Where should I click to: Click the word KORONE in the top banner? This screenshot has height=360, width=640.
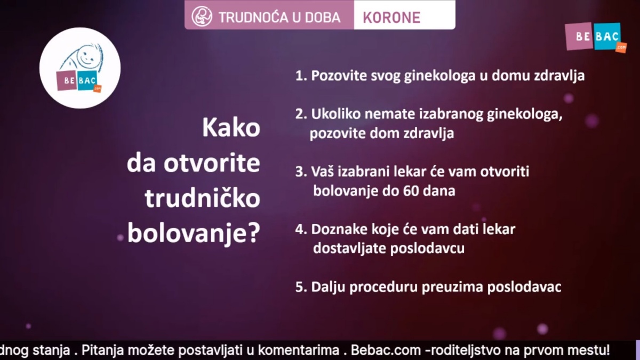click(x=391, y=18)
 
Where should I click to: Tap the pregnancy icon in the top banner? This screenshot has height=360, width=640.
click(x=202, y=17)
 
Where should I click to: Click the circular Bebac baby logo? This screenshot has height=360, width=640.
click(x=80, y=68)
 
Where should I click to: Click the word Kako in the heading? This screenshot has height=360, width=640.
click(x=231, y=127)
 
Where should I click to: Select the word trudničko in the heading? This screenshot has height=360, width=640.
click(x=202, y=198)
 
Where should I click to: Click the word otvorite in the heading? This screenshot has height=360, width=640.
click(x=212, y=163)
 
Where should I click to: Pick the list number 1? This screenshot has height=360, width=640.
click(x=301, y=76)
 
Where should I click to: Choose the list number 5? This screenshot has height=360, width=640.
click(x=301, y=287)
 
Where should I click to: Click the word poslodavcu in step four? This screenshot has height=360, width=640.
click(x=427, y=249)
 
